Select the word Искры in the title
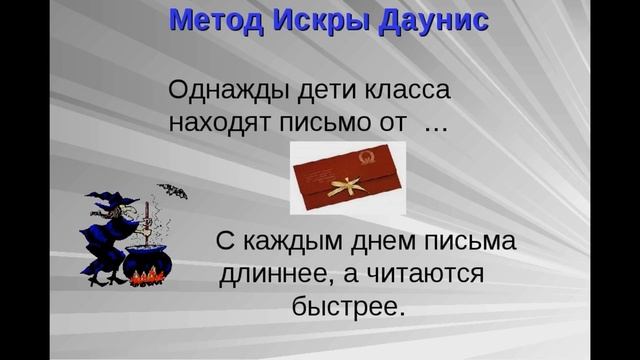tap(321, 19)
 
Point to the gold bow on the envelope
tap(350, 185)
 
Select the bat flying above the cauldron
tap(171, 191)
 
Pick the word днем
tap(387, 242)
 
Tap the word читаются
tap(424, 273)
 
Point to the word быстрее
tap(348, 305)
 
